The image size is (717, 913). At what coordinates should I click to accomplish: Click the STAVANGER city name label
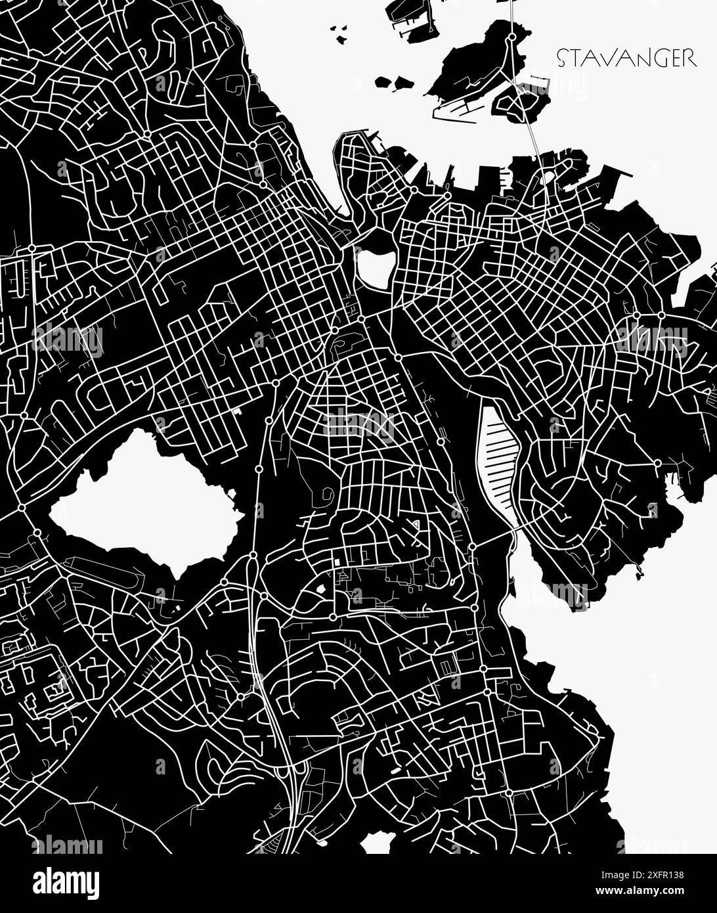(626, 58)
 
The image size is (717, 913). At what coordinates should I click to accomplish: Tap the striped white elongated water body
(500, 460)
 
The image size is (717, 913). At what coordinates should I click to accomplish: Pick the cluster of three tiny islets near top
(338, 33)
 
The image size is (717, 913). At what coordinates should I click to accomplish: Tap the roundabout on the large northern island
(511, 38)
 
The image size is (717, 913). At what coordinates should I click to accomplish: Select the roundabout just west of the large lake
(22, 508)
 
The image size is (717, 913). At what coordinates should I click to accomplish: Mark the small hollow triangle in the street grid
(414, 525)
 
